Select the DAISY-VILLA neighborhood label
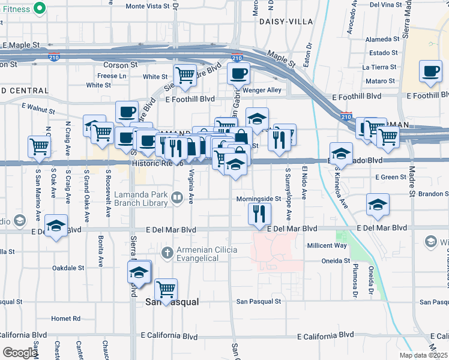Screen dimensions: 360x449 click(286, 21)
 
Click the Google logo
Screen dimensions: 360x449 click(19, 353)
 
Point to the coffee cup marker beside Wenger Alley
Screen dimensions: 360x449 click(238, 74)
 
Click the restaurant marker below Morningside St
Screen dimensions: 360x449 click(259, 213)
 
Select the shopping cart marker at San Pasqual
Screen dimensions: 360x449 click(166, 290)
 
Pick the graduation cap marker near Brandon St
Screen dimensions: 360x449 click(379, 206)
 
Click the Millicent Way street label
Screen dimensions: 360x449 click(327, 246)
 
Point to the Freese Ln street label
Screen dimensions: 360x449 click(112, 76)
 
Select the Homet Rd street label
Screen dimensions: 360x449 click(65, 319)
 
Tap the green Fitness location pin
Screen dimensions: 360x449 click(40, 8)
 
